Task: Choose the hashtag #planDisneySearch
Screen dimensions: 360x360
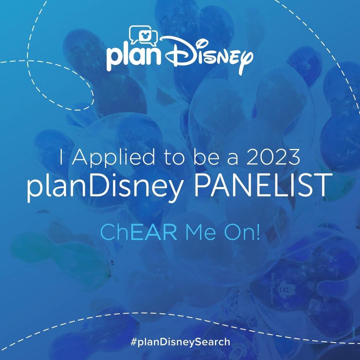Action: point(180,342)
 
